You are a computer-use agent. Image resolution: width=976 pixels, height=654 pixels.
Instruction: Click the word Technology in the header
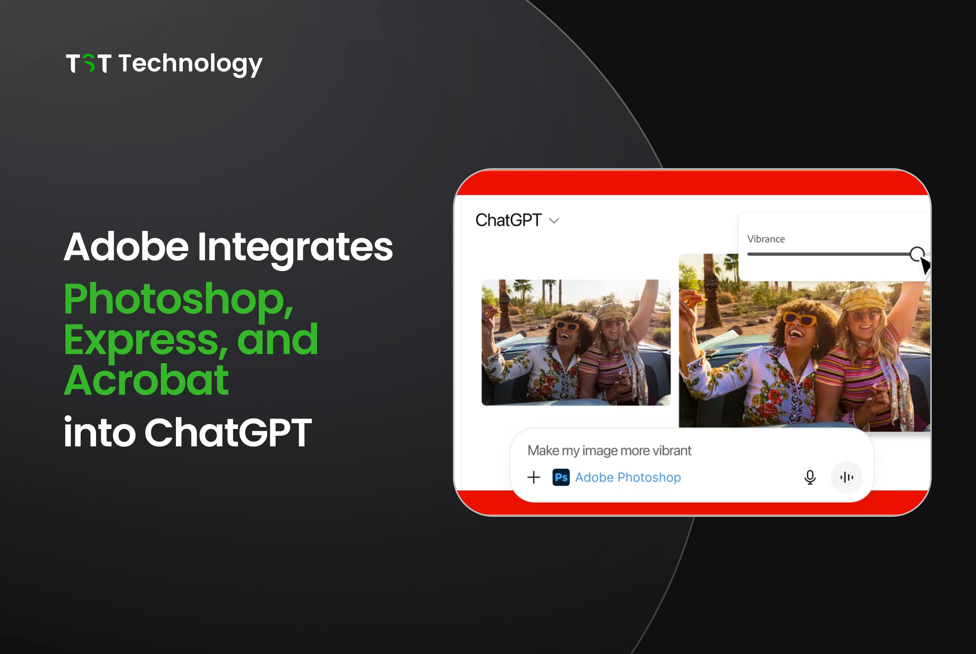pos(190,64)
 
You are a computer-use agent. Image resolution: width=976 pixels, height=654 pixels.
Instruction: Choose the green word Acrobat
pos(146,380)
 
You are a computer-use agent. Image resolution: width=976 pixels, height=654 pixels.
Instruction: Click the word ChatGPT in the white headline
pos(228,433)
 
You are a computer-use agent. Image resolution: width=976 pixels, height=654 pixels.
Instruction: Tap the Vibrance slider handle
pos(917,254)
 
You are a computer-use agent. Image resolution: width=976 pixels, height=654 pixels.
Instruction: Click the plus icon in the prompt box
pos(534,477)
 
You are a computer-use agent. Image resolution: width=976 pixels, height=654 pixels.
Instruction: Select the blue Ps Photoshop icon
pos(561,477)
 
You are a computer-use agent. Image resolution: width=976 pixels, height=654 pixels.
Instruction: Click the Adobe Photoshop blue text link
pos(628,477)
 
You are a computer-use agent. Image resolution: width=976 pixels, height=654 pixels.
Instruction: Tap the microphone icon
pos(810,477)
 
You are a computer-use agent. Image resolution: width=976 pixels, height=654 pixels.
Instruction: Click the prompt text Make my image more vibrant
pos(609,450)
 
